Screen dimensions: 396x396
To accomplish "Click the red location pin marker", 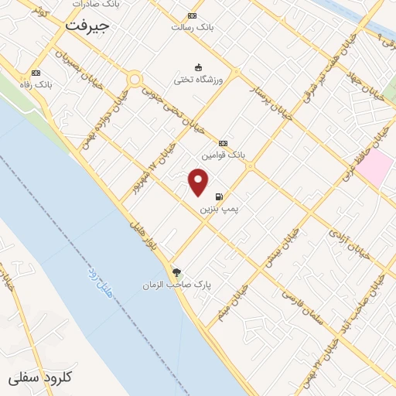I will click(x=199, y=182).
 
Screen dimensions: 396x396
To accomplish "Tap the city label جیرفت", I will click(x=87, y=26).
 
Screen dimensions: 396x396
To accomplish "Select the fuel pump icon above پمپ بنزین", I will click(x=220, y=196).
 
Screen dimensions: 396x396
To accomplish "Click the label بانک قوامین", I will click(x=224, y=155).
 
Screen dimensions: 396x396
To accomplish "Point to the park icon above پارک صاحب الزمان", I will click(x=177, y=272).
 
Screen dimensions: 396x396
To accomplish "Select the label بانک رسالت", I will click(x=192, y=26).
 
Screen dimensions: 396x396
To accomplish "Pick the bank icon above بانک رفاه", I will click(x=36, y=72).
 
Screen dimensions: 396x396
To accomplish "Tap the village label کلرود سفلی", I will click(x=40, y=377).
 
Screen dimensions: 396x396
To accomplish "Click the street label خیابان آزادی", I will click(x=345, y=236).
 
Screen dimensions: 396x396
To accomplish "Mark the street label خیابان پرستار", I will click(x=268, y=105).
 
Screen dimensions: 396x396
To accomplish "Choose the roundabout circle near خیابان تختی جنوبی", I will click(x=135, y=79).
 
